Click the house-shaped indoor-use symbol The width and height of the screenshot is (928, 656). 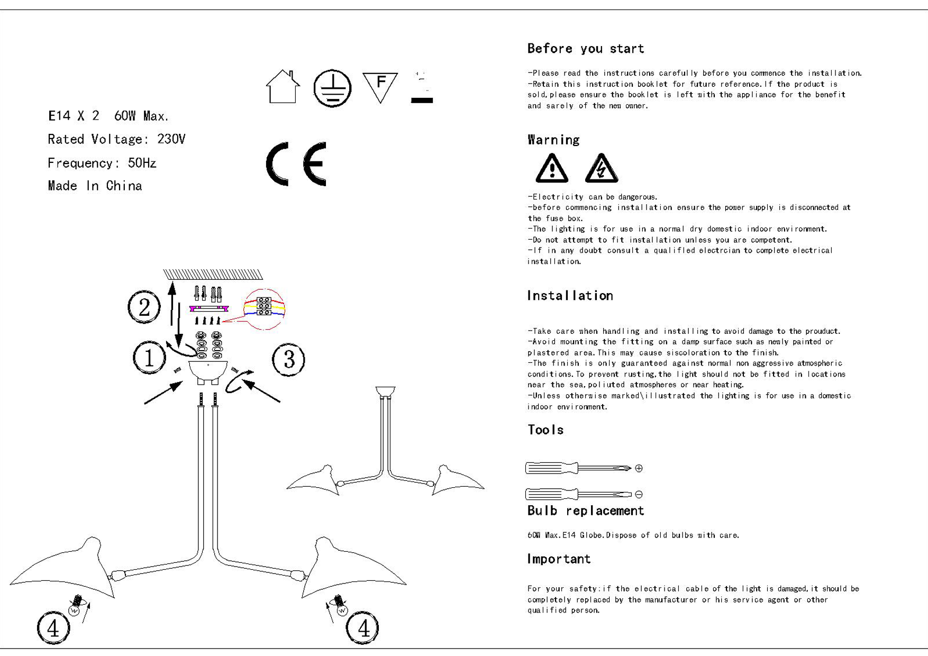point(283,87)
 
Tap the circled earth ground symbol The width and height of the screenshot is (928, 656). point(332,88)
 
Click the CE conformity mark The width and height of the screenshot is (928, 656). point(296,164)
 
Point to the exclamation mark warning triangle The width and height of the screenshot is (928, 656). point(552,168)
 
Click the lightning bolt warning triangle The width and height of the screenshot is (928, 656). point(602,168)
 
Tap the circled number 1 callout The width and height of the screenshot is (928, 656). point(150,358)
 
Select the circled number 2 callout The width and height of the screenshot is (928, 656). point(144,307)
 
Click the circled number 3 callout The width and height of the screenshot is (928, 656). point(288,360)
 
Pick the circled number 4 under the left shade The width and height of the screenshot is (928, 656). point(53,628)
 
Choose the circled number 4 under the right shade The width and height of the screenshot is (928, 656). point(362,628)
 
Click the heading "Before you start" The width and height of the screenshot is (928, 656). point(586,49)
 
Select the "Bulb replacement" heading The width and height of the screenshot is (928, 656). point(586,511)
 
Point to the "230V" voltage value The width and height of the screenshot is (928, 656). point(171,139)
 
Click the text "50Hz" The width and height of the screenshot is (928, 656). point(142,163)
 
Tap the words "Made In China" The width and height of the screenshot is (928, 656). point(95,186)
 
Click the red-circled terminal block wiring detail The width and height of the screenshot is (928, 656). point(264,309)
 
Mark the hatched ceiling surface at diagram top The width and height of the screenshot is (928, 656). point(213,274)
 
